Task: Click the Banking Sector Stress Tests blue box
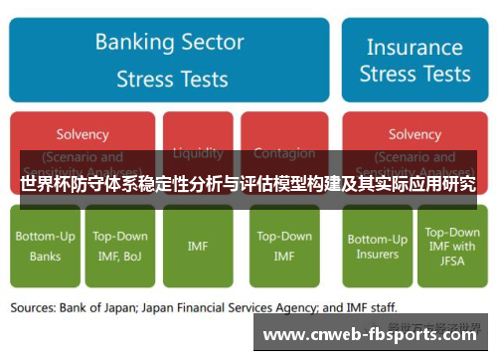(168, 60)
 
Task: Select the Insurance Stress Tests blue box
(414, 60)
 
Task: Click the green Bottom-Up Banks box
(45, 247)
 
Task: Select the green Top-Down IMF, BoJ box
(120, 247)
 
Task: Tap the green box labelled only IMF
(198, 247)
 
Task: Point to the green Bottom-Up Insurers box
(377, 247)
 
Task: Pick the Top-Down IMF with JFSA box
(452, 247)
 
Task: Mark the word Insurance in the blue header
(414, 47)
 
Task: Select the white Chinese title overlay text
(248, 184)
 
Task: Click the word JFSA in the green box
(452, 262)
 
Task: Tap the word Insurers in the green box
(377, 255)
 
